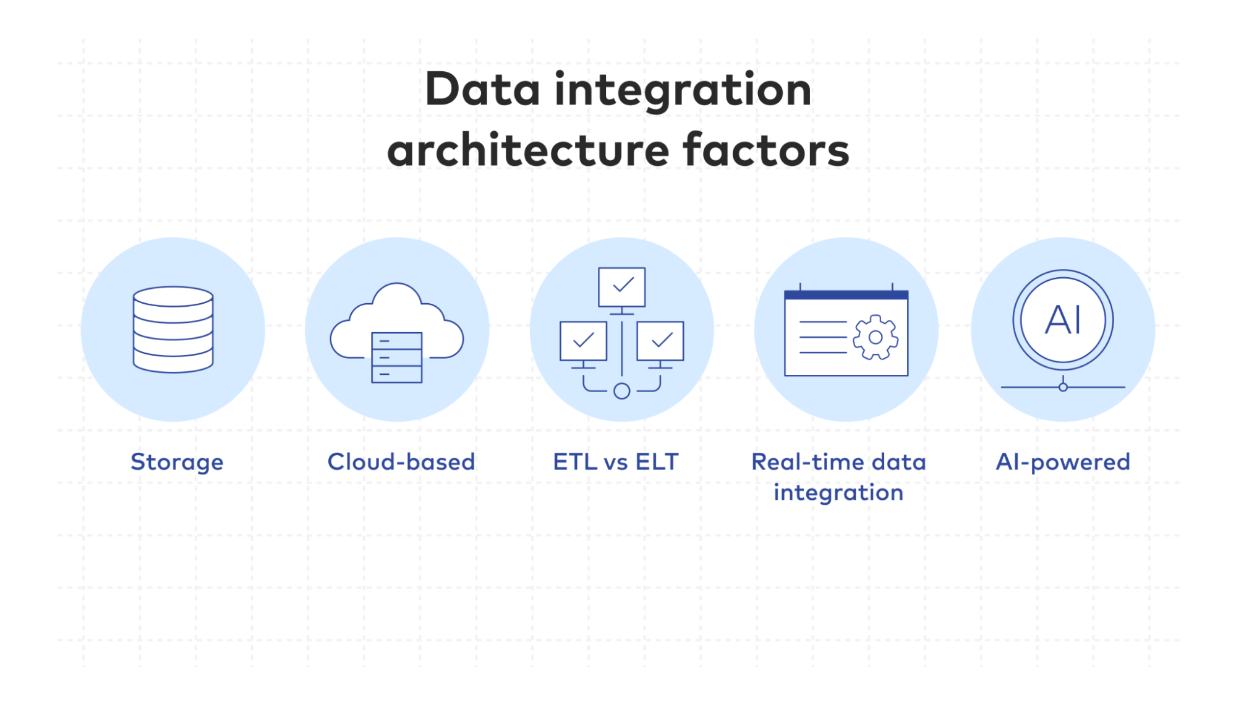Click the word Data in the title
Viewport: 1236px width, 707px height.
[482, 90]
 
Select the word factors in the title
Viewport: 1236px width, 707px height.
[766, 150]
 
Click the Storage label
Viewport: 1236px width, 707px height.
[177, 462]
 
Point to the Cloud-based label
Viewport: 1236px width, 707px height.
[401, 462]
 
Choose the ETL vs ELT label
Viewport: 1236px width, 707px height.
[616, 462]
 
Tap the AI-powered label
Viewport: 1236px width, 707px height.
[1063, 462]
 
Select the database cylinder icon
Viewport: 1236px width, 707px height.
[173, 329]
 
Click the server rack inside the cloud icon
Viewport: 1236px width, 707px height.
[397, 358]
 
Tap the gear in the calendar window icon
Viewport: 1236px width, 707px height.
[875, 337]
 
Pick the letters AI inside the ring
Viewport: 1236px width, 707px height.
[1063, 320]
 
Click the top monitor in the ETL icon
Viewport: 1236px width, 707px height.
[622, 286]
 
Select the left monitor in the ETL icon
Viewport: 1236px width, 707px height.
[583, 340]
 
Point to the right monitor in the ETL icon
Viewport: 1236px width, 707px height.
[660, 340]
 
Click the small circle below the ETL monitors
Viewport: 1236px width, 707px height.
[622, 391]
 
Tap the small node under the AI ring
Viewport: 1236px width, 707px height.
[1063, 387]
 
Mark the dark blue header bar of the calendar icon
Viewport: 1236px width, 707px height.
[846, 295]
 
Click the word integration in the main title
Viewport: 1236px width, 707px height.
[683, 90]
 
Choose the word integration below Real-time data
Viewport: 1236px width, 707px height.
[838, 493]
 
